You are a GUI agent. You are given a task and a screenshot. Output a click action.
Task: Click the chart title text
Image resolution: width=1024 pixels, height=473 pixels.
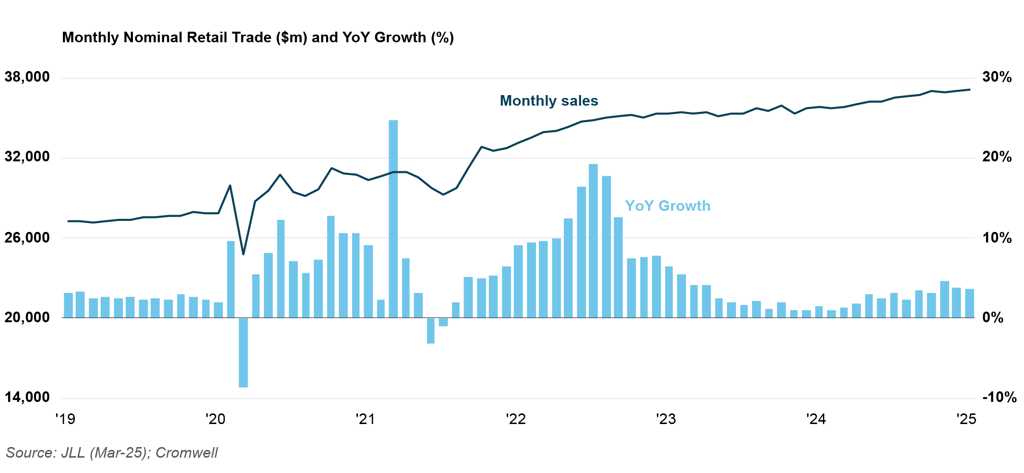coord(258,37)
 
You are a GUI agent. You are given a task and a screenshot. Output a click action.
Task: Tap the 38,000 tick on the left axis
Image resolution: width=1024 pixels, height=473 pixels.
coord(27,77)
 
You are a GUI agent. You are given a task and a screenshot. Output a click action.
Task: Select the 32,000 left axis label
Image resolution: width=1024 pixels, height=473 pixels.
coord(27,157)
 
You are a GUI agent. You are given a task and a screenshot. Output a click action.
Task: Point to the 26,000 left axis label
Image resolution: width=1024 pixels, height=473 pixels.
coord(27,238)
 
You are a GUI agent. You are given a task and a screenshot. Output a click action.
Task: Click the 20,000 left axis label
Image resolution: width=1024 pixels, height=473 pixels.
coord(27,317)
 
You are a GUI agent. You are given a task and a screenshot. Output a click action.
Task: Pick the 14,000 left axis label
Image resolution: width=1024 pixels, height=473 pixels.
coord(27,398)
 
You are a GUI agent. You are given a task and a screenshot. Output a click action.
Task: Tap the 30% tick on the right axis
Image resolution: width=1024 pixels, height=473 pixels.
coord(996,77)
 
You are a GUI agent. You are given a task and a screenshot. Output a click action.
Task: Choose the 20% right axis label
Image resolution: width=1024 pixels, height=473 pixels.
coord(996,157)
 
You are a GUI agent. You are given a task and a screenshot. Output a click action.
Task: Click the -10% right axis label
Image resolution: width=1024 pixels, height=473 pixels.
coord(999,398)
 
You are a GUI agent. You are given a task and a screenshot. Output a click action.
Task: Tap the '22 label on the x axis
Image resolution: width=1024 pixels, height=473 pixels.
coord(515,419)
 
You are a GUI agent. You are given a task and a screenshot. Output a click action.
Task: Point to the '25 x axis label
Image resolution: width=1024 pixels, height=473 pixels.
coord(966,419)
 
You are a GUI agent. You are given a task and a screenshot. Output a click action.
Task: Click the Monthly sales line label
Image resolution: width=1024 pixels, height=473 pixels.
coord(549,101)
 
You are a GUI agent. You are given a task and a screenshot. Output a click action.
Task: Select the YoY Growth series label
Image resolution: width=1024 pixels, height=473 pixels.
coord(667,206)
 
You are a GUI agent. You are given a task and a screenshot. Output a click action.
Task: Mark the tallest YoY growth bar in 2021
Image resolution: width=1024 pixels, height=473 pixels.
coord(393,218)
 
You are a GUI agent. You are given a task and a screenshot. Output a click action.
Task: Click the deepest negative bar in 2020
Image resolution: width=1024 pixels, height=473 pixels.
coord(243,352)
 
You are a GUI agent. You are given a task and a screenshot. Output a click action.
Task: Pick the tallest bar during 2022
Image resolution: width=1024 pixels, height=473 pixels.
coord(593,240)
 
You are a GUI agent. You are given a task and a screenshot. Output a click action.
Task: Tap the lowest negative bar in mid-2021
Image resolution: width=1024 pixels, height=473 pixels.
coord(430,330)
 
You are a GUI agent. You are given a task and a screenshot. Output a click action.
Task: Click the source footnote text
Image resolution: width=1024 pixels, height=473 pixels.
coord(112,453)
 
